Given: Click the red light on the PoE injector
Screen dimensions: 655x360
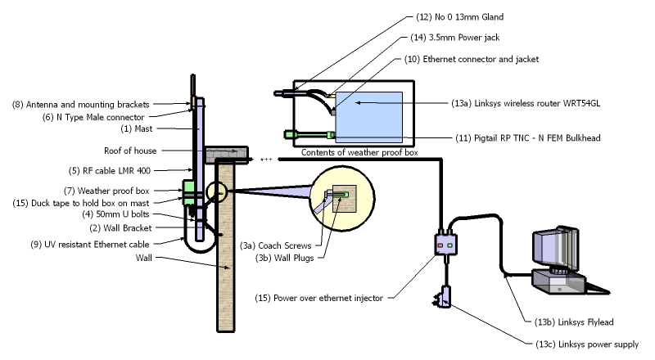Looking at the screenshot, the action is point(440,245).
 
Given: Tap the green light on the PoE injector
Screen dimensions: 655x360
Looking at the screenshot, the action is point(449,245).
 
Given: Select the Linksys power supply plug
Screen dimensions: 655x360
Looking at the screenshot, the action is point(444,296).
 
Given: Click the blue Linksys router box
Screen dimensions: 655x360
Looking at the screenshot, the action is point(369,117).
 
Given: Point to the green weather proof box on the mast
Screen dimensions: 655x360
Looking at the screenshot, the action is point(188,192).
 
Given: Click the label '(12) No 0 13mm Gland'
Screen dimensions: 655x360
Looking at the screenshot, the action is point(459,17).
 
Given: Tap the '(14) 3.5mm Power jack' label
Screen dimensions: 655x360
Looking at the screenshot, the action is point(455,38).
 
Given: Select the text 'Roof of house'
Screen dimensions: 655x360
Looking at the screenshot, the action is point(130,151).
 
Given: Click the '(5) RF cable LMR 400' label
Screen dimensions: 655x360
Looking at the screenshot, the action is point(110,171).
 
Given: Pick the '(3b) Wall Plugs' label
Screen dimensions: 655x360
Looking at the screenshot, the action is point(284,258).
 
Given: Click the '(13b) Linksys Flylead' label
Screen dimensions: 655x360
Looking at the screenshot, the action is point(574,322).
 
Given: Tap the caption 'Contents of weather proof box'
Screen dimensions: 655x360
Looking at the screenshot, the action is point(359,152).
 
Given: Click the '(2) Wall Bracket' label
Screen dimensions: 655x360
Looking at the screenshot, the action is point(120,228).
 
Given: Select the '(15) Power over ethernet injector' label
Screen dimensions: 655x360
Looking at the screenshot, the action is point(318,298).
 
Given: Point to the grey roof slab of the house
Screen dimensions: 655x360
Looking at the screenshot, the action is point(227,155).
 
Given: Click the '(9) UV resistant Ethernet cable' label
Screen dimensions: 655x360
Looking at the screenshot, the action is point(90,245).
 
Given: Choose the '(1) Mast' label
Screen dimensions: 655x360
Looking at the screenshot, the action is point(137,129).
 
